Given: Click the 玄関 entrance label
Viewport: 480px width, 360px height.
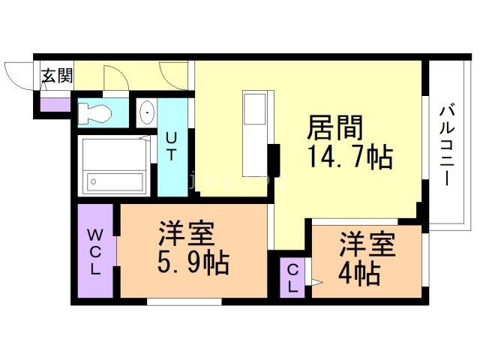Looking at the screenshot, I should point(57,75).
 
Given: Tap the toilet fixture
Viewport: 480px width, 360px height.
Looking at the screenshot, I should point(94,113).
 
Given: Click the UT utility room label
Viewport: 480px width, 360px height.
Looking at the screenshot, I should point(172,147).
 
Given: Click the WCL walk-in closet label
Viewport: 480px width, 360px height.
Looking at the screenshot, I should point(96,251).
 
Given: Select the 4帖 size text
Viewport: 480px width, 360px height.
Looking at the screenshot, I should point(358,272).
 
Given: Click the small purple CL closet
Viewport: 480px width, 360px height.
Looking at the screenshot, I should point(292,278).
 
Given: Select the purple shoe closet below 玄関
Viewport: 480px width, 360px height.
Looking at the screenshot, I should point(53,103).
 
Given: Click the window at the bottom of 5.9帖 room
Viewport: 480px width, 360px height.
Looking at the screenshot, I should point(184,301).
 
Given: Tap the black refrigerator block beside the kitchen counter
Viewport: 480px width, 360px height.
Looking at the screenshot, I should point(274,159).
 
